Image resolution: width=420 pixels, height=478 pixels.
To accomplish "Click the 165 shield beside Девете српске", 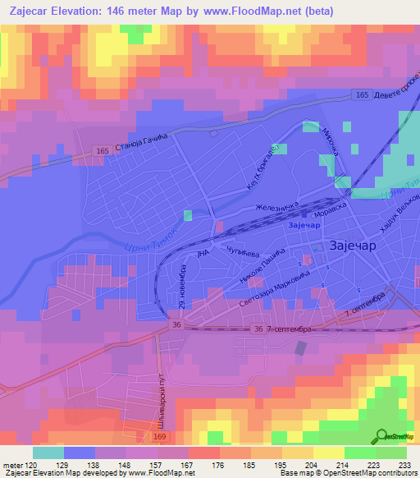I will point(362,96).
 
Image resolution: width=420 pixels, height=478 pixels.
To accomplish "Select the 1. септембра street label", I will point(365,305).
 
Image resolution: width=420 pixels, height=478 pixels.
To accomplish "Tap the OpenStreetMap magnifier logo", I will point(381,437).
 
